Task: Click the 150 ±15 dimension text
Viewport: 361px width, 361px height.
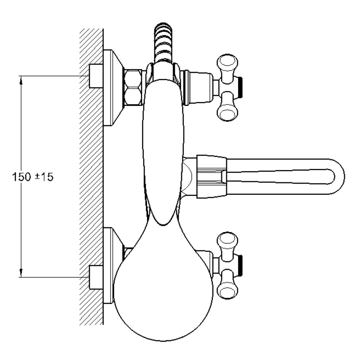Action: click(33, 177)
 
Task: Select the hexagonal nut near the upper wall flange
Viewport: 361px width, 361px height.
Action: click(133, 87)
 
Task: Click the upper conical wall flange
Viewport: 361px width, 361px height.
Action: click(114, 87)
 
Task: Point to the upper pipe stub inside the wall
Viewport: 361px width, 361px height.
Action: click(96, 76)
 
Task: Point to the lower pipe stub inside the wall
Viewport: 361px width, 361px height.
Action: click(96, 277)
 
